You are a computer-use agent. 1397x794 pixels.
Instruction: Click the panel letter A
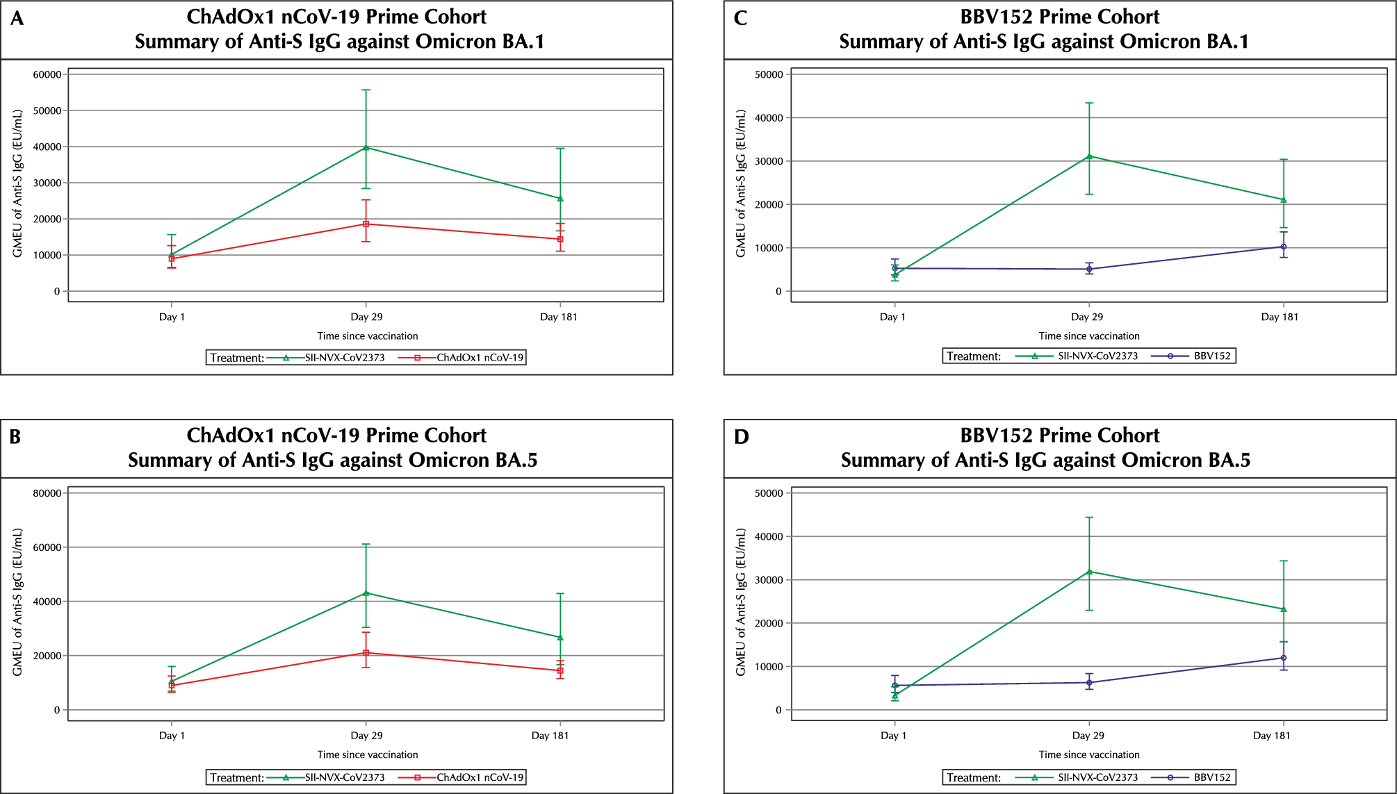17,18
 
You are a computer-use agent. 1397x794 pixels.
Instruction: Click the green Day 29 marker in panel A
366,147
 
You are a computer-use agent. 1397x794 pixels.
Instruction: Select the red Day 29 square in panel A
366,224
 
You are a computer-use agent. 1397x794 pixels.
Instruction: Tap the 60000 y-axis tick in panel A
47,74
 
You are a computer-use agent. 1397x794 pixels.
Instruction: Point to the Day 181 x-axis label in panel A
559,317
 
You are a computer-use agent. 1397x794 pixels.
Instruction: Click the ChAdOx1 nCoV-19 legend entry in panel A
480,358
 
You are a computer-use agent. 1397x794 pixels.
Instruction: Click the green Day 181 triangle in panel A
560,199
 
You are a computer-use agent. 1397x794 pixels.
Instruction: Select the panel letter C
740,18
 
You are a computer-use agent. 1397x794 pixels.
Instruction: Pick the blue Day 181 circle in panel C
1284,247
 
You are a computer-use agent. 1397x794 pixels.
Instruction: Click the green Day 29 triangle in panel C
1089,156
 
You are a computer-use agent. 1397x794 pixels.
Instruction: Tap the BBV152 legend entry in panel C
1212,356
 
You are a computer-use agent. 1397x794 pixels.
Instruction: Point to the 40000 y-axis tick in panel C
769,118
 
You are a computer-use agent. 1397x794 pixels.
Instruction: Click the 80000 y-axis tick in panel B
47,493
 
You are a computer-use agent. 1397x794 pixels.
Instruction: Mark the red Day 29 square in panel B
366,653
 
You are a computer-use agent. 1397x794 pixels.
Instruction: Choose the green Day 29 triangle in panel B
366,593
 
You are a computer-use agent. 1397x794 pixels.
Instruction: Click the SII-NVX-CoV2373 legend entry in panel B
345,777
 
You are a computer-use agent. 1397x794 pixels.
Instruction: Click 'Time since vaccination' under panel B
368,754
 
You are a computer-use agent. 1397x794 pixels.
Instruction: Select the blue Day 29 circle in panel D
1089,682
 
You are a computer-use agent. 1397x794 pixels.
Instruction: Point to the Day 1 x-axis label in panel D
893,736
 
